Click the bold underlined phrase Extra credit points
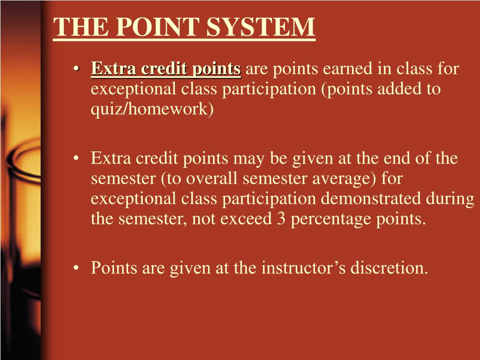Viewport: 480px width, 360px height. (x=166, y=69)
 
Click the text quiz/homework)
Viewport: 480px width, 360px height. (x=152, y=109)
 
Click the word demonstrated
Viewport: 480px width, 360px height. (x=373, y=198)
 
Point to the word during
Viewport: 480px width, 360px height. (x=450, y=198)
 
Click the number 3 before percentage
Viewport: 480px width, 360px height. (x=281, y=218)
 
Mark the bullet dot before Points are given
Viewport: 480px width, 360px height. (x=77, y=269)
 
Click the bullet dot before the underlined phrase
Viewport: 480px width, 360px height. (x=77, y=69)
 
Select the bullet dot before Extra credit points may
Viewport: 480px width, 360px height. (x=77, y=158)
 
